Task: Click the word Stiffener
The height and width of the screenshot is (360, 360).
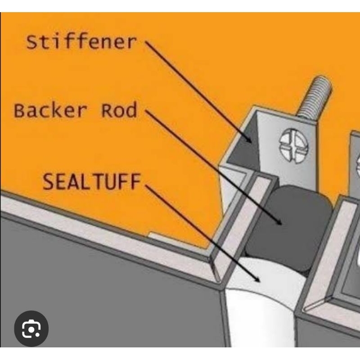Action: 81,42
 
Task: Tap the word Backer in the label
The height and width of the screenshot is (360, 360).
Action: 50,110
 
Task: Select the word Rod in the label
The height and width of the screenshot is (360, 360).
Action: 119,110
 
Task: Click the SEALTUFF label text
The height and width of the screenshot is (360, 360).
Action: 91,181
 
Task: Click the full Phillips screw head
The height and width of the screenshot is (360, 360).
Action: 294,146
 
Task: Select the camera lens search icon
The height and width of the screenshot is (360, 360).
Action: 31,328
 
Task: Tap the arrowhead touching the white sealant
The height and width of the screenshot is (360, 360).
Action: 256,279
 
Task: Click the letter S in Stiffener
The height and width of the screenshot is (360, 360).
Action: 31,42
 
